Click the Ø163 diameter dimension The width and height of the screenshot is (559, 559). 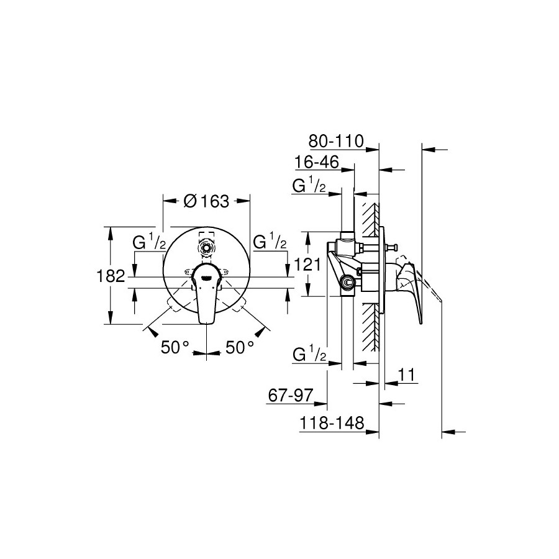pyautogui.click(x=206, y=202)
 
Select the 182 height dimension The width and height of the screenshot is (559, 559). pyautogui.click(x=111, y=276)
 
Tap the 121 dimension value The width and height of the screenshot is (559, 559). pyautogui.click(x=307, y=265)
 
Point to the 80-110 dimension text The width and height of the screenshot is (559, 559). pyautogui.click(x=336, y=141)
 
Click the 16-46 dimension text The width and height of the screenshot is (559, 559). pyautogui.click(x=317, y=163)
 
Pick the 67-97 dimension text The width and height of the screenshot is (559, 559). pyautogui.click(x=291, y=396)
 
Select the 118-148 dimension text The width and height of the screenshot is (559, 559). pyautogui.click(x=332, y=423)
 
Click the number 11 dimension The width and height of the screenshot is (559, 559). pyautogui.click(x=406, y=375)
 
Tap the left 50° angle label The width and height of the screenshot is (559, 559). pyautogui.click(x=175, y=347)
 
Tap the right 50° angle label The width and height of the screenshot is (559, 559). pyautogui.click(x=240, y=347)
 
